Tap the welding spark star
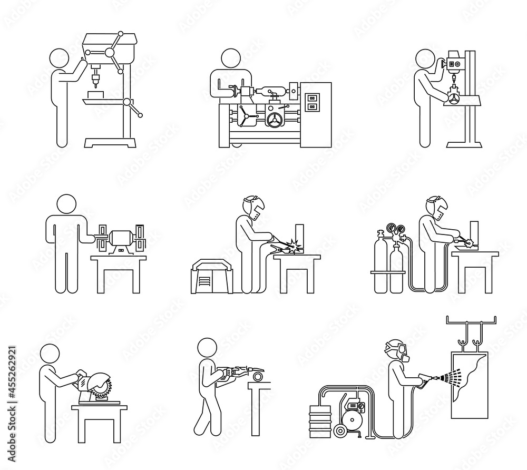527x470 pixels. pos(289,244)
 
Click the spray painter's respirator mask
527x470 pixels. pos(402,352)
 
